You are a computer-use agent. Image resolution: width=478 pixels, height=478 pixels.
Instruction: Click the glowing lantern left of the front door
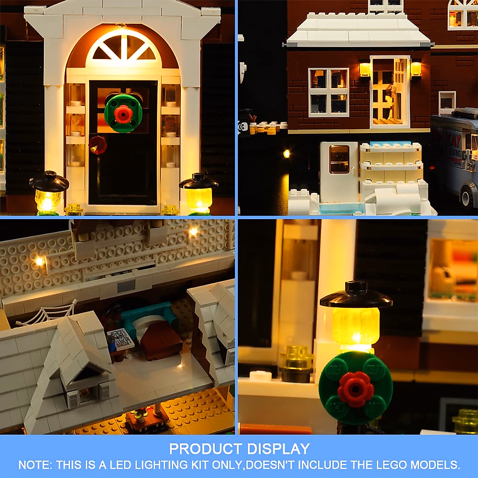point(49,193)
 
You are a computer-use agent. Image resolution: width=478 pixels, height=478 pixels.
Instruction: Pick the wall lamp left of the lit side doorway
point(364,69)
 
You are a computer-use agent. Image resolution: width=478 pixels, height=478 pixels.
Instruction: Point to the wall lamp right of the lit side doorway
point(416,69)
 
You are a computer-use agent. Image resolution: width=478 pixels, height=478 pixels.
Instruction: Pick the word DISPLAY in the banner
point(278,449)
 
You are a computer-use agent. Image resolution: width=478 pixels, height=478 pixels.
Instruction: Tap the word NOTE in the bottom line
point(33,465)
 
